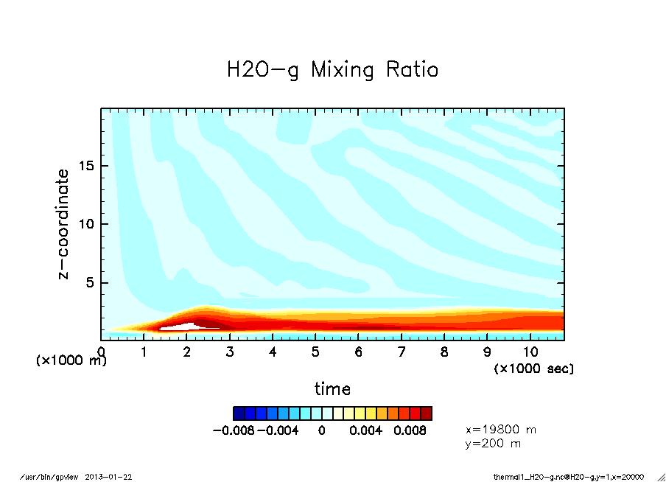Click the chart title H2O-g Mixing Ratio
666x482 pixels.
(332, 70)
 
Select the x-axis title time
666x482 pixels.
(332, 388)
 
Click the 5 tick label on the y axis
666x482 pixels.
(92, 283)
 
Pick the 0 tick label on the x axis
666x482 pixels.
(101, 352)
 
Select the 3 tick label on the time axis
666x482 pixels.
(230, 352)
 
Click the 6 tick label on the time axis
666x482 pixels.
(359, 352)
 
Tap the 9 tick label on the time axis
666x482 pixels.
(488, 352)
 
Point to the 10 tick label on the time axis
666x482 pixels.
(530, 352)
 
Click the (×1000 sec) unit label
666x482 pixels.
(533, 368)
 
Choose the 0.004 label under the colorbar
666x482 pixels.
(366, 430)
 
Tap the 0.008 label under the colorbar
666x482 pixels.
(410, 430)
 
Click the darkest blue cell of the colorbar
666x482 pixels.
(239, 413)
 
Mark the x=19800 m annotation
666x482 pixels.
(501, 429)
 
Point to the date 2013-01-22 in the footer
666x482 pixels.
(114, 477)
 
